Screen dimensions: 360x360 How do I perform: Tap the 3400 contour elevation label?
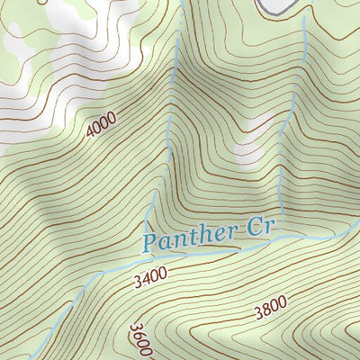149,281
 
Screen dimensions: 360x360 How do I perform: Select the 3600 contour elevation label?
140,339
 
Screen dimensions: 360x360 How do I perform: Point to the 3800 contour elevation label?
270,308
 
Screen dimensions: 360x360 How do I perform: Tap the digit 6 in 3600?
139,336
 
